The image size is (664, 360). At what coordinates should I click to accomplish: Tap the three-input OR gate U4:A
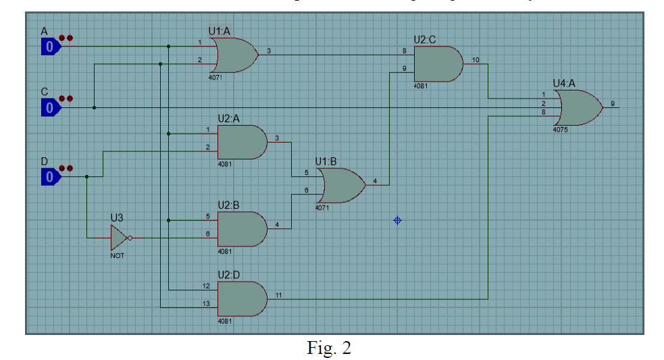pyautogui.click(x=578, y=107)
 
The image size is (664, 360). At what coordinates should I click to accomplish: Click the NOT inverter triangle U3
pyautogui.click(x=119, y=238)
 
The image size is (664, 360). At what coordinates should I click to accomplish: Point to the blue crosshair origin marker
pyautogui.click(x=397, y=220)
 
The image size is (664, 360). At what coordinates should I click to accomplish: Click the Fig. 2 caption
pyautogui.click(x=329, y=348)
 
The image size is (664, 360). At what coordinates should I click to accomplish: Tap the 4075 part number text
pyautogui.click(x=560, y=129)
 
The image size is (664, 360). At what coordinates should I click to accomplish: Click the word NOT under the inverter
pyautogui.click(x=118, y=256)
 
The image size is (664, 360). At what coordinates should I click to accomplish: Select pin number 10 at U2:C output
pyautogui.click(x=476, y=60)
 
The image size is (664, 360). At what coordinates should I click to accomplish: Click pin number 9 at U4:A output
pyautogui.click(x=613, y=103)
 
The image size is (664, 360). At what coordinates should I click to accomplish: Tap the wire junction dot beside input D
pyautogui.click(x=87, y=177)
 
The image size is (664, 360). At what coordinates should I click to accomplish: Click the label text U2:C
pyautogui.click(x=426, y=40)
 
